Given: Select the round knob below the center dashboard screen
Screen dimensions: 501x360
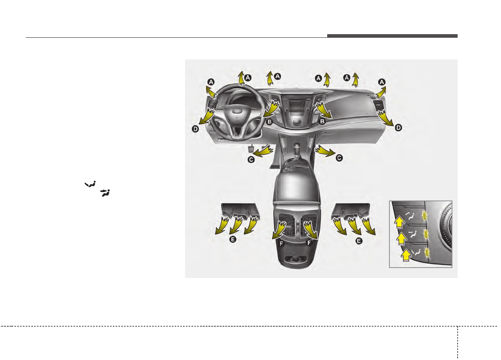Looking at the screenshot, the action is click(x=297, y=122).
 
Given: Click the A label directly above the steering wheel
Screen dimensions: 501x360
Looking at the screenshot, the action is click(x=248, y=78).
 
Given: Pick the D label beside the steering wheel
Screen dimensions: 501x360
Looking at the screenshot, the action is click(x=195, y=129).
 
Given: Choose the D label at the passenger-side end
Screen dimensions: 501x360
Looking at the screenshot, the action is click(x=398, y=128).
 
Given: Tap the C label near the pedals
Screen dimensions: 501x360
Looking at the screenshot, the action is click(x=251, y=160).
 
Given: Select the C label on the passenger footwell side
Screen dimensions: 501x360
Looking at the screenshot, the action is click(x=339, y=158).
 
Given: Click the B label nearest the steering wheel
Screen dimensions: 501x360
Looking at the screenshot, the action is click(x=269, y=122).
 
